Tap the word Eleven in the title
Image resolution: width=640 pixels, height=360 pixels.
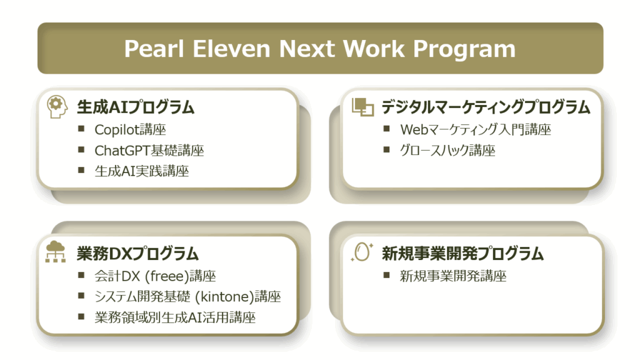click(x=231, y=49)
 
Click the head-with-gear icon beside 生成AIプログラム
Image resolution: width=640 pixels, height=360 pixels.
click(x=57, y=107)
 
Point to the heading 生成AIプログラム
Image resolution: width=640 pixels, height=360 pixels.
click(x=136, y=107)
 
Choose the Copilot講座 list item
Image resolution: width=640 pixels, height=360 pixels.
click(x=130, y=130)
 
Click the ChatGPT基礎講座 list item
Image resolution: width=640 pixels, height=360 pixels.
click(x=149, y=151)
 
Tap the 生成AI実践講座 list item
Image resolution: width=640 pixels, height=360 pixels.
click(x=142, y=171)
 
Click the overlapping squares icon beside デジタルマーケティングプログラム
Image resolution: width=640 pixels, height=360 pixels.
click(x=362, y=107)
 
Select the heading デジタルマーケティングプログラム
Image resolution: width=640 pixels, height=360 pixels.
click(x=486, y=107)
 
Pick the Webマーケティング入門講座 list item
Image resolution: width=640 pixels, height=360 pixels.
click(x=476, y=130)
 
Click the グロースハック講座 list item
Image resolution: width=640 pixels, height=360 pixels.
click(x=447, y=151)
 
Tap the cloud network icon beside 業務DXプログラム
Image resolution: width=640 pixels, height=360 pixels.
click(x=56, y=251)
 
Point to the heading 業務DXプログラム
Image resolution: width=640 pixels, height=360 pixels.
click(x=137, y=254)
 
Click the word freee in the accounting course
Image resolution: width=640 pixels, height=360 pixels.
click(x=166, y=276)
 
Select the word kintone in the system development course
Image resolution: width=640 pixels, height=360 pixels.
click(x=222, y=297)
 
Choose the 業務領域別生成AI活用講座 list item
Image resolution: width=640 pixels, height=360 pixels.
click(x=175, y=317)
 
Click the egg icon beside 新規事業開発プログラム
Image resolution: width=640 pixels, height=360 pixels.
click(x=362, y=251)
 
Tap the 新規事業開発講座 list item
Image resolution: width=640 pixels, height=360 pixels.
click(x=453, y=276)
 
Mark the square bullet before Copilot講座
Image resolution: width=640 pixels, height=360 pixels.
click(x=81, y=129)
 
